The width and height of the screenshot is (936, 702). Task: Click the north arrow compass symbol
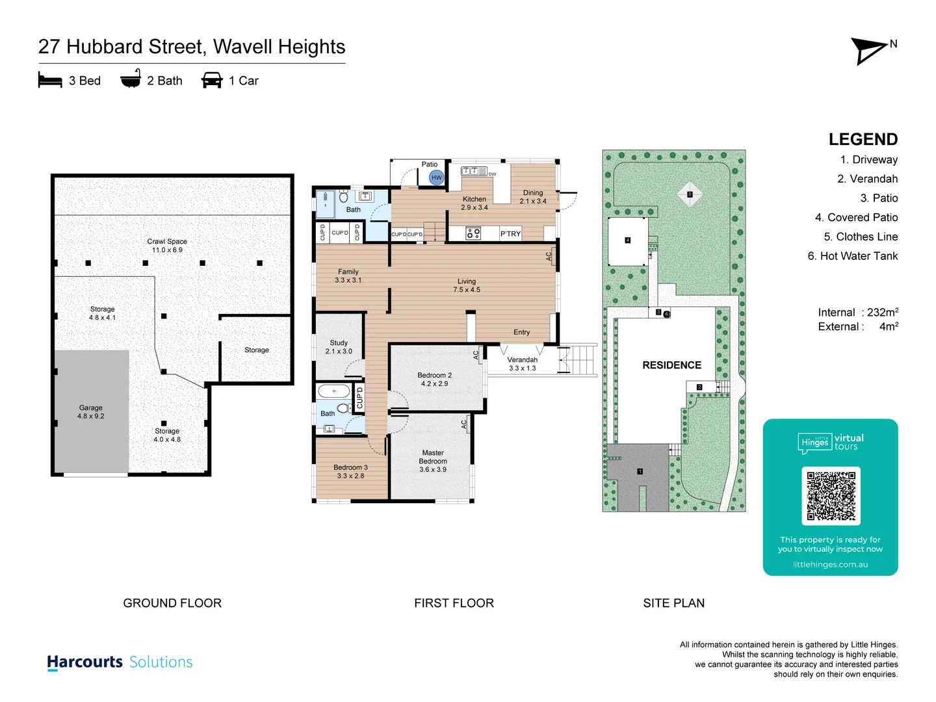coord(870,51)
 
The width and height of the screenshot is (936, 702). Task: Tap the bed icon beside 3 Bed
coord(50,81)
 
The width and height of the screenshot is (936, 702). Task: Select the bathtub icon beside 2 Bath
coord(131,79)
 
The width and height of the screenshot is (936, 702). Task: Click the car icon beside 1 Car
coord(212,81)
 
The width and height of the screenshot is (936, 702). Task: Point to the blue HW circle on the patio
coord(436,177)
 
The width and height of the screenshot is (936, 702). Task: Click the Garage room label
coord(91,411)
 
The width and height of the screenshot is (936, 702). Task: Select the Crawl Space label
coord(167,245)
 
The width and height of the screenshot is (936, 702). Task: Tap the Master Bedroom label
coord(433,461)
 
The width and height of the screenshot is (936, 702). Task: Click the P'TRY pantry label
coord(510,234)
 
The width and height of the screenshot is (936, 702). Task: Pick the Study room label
coord(339,346)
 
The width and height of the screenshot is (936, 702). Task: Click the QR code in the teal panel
coord(831,496)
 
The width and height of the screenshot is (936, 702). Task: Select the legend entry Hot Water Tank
coord(852,256)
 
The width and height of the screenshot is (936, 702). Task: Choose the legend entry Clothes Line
coord(861,237)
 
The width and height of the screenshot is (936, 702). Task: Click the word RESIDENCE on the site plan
coord(671,365)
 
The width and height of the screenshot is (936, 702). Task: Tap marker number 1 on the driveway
coord(640,471)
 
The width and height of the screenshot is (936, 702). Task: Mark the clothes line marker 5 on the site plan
coord(690,194)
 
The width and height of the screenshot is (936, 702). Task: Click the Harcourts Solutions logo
coord(120,662)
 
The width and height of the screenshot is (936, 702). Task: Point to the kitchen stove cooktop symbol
coord(473,233)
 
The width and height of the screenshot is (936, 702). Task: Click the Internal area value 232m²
coord(882,313)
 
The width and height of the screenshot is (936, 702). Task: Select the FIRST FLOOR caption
coord(454,603)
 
